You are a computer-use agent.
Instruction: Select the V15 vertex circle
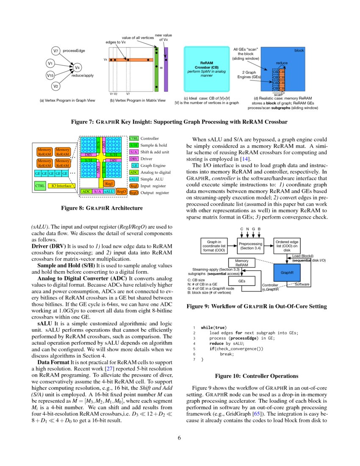click(x=50, y=75)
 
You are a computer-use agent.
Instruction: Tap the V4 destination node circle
click(x=77, y=67)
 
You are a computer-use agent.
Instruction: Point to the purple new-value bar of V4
click(x=166, y=69)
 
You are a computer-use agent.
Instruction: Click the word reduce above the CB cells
click(x=282, y=63)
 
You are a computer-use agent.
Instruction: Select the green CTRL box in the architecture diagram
click(x=39, y=186)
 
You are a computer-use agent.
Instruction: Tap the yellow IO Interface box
click(x=61, y=186)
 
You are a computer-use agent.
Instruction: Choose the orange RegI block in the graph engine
click(x=108, y=183)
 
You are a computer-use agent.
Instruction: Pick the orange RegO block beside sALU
click(x=122, y=191)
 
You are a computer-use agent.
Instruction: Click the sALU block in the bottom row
click(x=108, y=191)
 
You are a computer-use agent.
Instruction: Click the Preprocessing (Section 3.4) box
click(x=251, y=246)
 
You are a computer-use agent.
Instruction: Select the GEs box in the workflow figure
click(x=242, y=281)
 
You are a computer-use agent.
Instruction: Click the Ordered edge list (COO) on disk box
click(x=290, y=246)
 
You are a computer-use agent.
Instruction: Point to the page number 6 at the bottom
click(x=180, y=438)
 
